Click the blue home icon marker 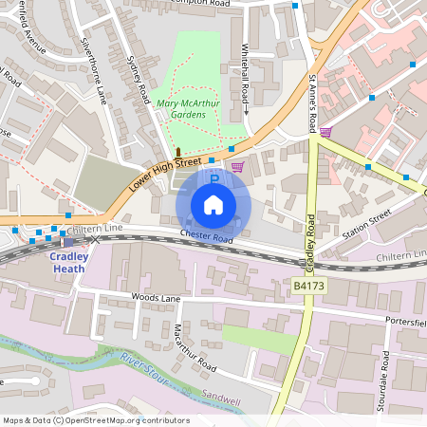(213, 205)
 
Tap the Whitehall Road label (245, 73)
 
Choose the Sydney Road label (139, 81)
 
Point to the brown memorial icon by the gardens (177, 152)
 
